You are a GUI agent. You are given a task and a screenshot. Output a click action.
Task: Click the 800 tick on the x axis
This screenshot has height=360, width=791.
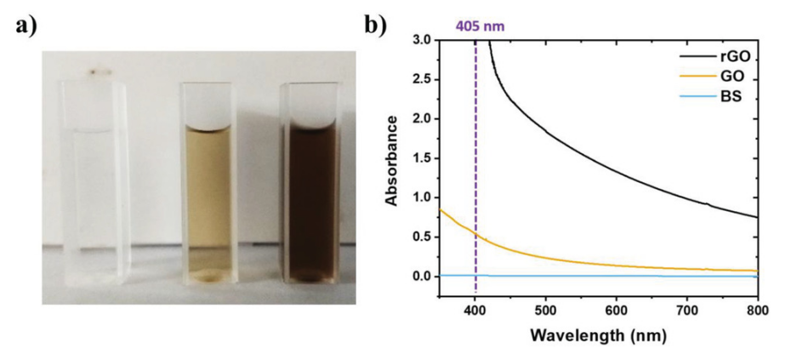(x=757, y=309)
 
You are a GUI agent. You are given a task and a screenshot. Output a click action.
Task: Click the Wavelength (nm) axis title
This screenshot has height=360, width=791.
(x=598, y=334)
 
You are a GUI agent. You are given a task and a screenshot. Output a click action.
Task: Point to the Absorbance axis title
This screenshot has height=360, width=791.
(x=392, y=158)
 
